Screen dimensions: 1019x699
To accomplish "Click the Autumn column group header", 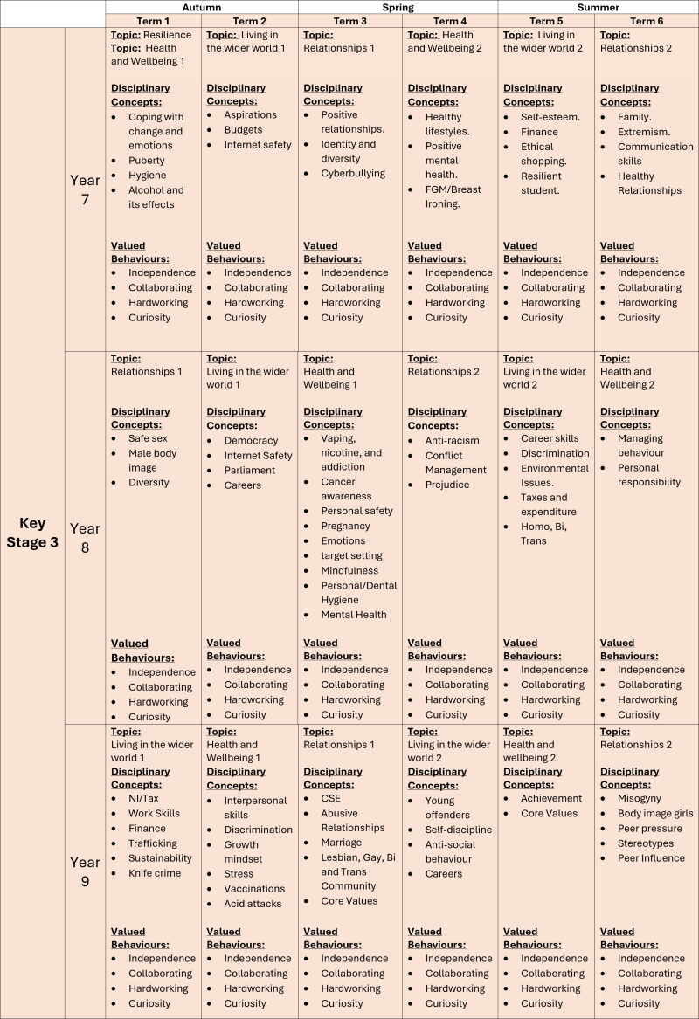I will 201,7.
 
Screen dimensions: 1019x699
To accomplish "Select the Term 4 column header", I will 450,21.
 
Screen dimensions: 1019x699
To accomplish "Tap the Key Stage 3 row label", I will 32,533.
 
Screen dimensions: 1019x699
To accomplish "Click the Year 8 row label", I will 85,538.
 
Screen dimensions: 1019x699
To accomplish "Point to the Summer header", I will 598,7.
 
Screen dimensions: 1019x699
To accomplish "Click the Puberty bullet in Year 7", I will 148,161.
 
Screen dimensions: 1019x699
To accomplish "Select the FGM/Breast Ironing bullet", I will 453,197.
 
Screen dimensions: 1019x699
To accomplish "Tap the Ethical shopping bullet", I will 543,154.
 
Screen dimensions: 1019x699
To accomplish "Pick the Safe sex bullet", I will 148,438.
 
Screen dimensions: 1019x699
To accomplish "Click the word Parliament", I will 249,470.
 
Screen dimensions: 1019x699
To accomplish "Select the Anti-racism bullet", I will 452,441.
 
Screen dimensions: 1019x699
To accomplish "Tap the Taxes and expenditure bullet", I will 549,505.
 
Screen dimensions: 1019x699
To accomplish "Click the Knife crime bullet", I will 155,873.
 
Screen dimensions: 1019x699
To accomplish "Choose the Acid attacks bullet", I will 253,904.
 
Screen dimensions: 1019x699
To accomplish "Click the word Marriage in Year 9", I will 341,843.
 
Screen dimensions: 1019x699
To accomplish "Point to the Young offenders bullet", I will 447,807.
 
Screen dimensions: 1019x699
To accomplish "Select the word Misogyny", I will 640,798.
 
